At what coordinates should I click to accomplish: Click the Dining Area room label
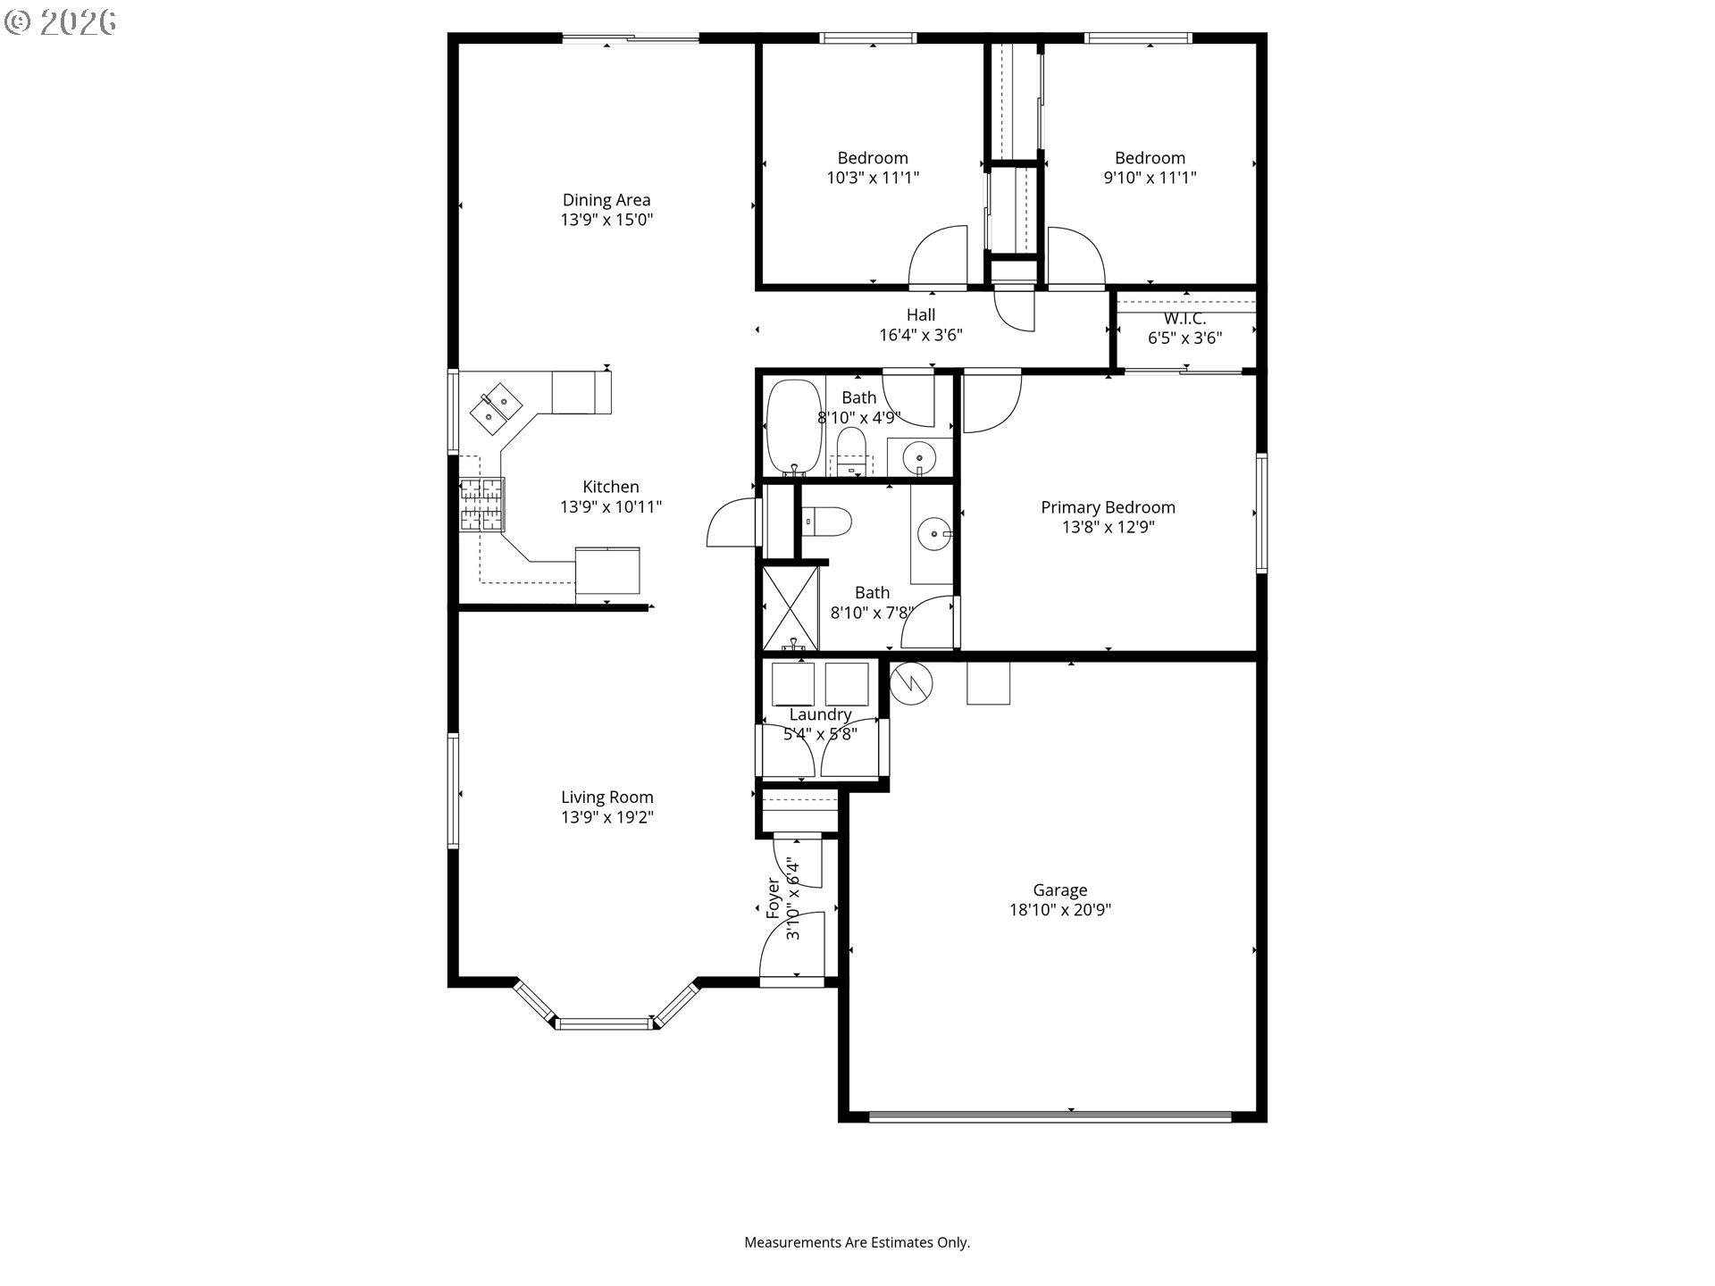pos(607,200)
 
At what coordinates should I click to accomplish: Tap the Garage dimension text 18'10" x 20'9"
pos(1060,910)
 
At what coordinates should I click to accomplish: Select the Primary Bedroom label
pos(1108,507)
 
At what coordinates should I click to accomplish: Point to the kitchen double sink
pos(495,406)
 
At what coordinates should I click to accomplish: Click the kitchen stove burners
pos(482,504)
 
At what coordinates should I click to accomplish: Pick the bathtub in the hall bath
pos(794,427)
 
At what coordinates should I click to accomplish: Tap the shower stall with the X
pos(790,608)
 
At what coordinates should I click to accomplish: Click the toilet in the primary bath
pos(826,522)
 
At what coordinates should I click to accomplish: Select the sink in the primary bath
pos(933,535)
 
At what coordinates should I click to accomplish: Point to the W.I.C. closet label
pos(1185,319)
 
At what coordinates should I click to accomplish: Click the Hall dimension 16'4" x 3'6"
pos(921,335)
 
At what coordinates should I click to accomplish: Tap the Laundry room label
pos(820,714)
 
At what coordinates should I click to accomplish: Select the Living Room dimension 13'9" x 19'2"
pos(607,817)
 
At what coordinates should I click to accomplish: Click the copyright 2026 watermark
pos(61,22)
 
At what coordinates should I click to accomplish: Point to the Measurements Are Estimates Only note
pos(857,1242)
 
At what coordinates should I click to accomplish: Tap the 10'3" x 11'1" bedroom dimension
pos(873,178)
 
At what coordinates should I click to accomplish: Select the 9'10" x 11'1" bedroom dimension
pos(1150,178)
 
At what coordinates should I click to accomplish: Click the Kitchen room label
pos(611,487)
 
